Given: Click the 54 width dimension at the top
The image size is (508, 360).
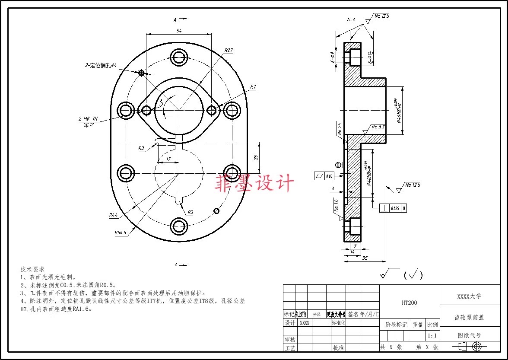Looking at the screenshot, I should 178,31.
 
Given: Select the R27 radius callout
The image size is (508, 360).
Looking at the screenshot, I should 229,50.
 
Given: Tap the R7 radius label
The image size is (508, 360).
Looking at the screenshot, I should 253,87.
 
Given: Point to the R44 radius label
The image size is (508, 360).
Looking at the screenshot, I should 114,215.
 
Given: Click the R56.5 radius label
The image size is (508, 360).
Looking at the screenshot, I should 120,233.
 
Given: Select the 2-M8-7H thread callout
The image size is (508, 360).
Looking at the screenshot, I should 88,118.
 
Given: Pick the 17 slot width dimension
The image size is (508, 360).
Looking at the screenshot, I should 168,159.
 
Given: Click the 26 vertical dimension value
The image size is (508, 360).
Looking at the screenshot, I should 255,157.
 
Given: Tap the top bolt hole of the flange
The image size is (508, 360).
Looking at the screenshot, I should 179,56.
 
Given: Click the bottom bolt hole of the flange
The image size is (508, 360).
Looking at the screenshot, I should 179,225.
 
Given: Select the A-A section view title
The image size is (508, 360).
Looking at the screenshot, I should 351,19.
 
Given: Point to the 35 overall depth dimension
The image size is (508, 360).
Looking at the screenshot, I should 365,258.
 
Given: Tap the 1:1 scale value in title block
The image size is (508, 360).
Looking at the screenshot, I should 432,335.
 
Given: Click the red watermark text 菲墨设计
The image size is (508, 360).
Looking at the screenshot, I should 254,184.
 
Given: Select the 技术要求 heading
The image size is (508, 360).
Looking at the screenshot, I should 32,269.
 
